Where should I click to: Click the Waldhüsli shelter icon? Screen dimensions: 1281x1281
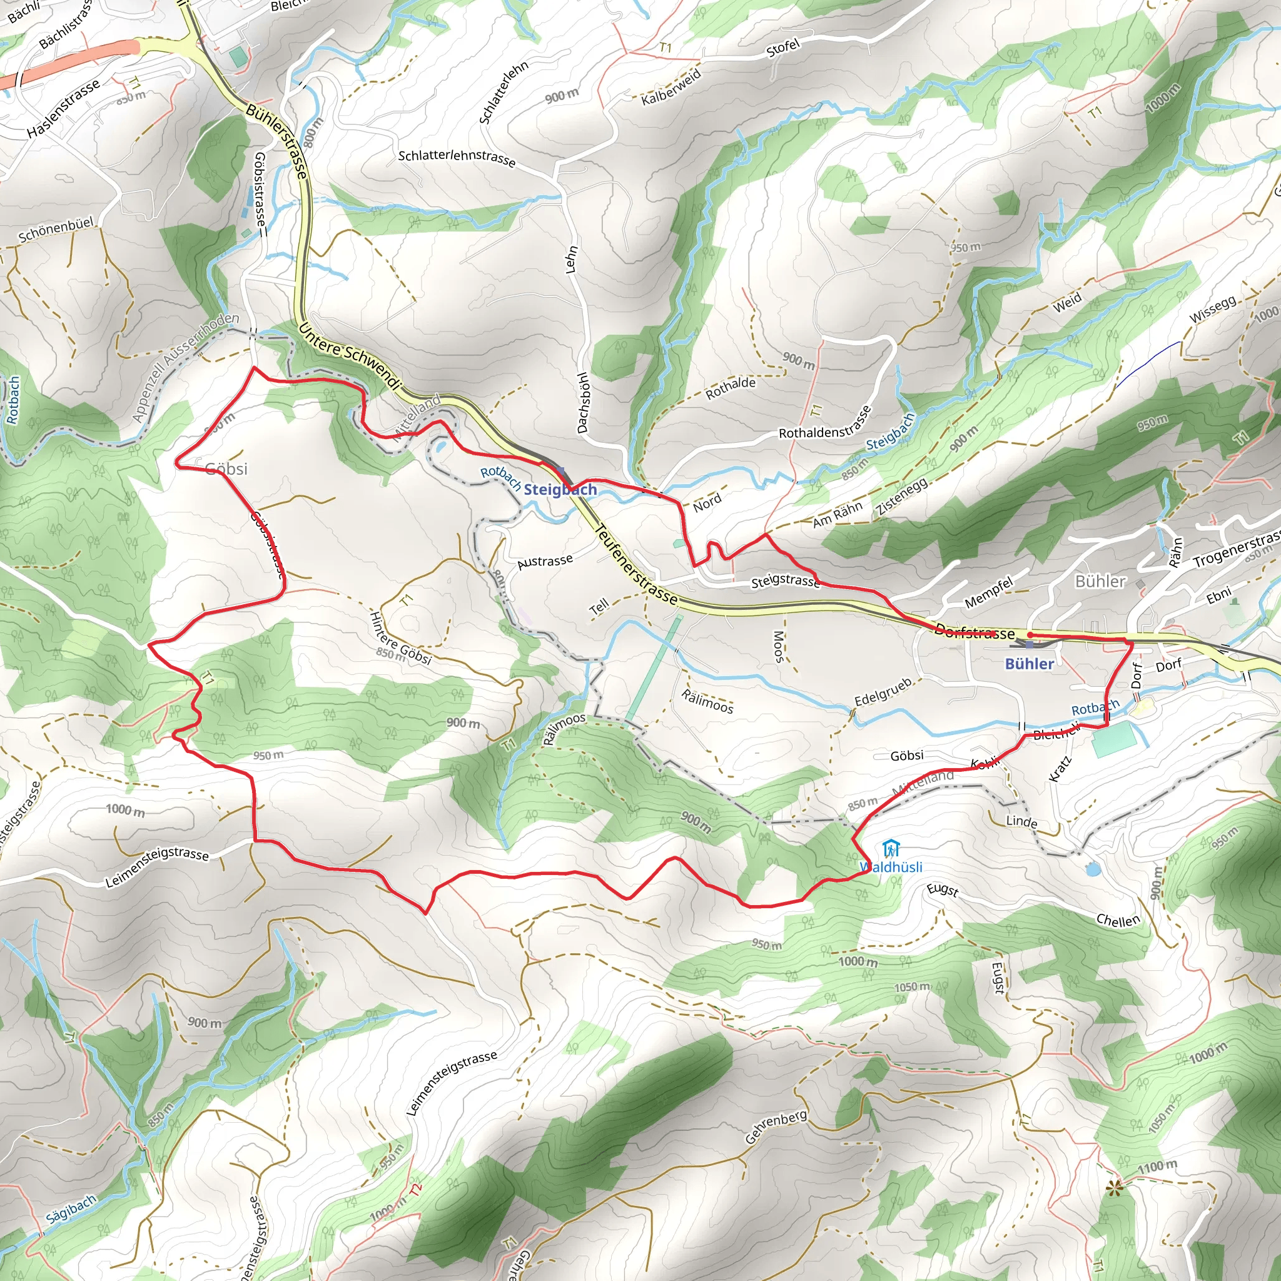(x=892, y=849)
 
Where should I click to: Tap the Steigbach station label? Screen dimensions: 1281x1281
(x=560, y=489)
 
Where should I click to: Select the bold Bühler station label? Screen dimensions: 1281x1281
(x=1029, y=664)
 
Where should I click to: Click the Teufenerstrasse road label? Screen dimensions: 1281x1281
(x=637, y=565)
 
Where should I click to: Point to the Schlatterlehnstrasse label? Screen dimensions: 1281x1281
(x=456, y=158)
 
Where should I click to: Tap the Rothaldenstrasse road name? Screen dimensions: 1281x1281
(x=826, y=422)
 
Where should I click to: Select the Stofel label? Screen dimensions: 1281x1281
(x=783, y=48)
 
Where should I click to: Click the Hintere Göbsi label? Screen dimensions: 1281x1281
(x=400, y=638)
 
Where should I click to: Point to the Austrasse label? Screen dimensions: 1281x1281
(x=545, y=562)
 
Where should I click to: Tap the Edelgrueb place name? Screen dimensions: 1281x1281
(x=883, y=692)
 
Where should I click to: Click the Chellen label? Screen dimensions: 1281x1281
(x=1118, y=920)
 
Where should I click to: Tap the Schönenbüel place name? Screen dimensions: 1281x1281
(x=56, y=230)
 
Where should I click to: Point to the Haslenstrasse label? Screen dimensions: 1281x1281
(x=64, y=108)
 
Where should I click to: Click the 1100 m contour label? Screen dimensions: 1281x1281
(x=1157, y=1167)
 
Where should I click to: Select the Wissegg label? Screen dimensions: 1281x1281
(x=1213, y=309)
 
